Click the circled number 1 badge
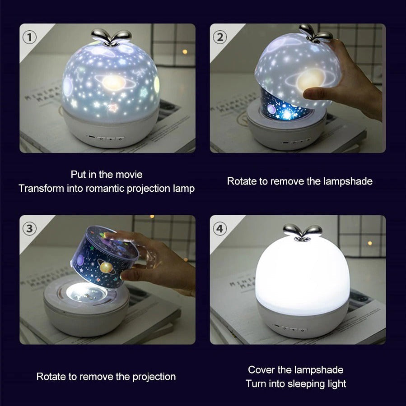pyautogui.click(x=29, y=37)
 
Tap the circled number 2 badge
pyautogui.click(x=219, y=37)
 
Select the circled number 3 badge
pyautogui.click(x=29, y=229)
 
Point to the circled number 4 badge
pyautogui.click(x=219, y=229)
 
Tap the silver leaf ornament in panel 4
pyautogui.click(x=302, y=232)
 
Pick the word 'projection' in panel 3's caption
pyautogui.click(x=154, y=377)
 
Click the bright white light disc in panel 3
pyautogui.click(x=86, y=293)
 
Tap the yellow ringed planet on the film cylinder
pyautogui.click(x=107, y=268)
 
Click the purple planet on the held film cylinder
pyautogui.click(x=80, y=260)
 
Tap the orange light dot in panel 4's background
pyautogui.click(x=370, y=243)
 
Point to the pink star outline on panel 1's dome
pyautogui.click(x=113, y=107)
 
